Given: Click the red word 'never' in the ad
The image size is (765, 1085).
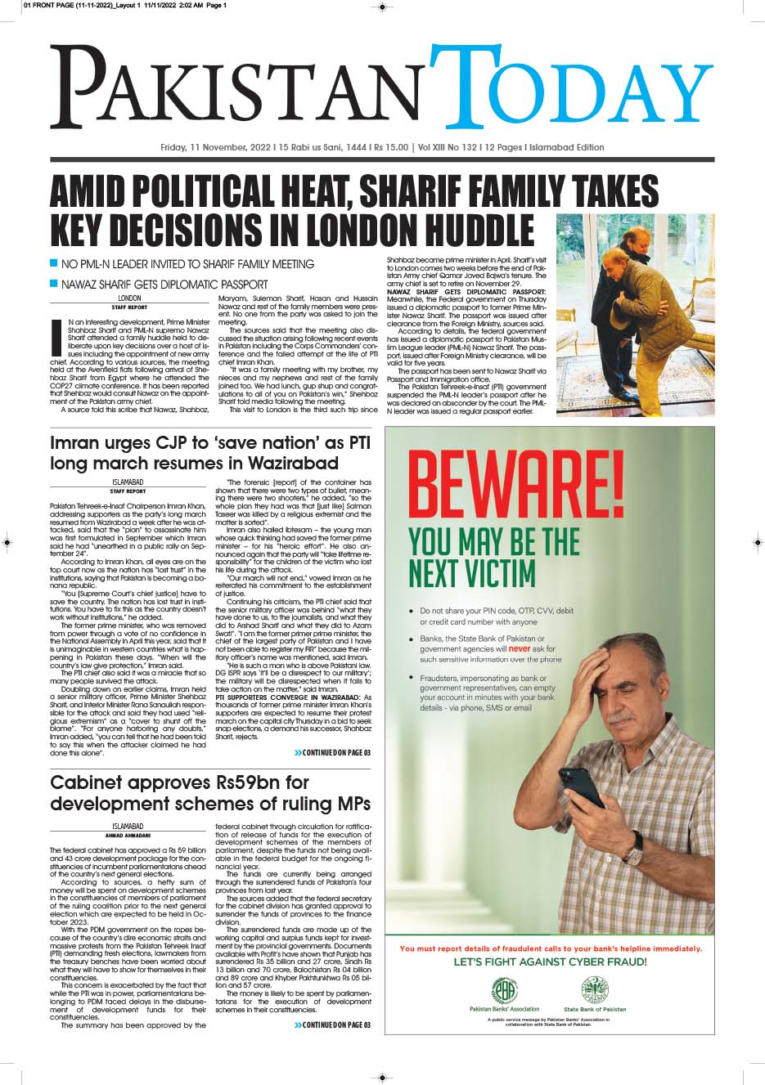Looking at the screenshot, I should [520, 648].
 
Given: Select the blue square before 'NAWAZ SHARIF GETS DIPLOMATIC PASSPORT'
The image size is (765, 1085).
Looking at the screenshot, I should [54, 284].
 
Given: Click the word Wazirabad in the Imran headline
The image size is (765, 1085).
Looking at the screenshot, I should [281, 464].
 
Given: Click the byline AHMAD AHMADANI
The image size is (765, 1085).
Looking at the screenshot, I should [128, 835].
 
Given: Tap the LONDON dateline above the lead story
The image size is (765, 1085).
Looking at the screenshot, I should [129, 298].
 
